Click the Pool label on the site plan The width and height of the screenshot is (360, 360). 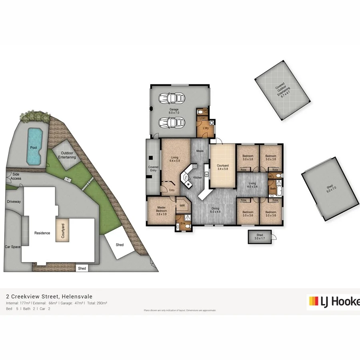pyautogui.click(x=34, y=148)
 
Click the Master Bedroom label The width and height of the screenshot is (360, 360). pyautogui.click(x=161, y=210)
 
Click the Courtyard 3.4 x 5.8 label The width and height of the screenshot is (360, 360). pyautogui.click(x=222, y=167)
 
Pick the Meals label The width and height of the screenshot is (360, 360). pyautogui.click(x=200, y=151)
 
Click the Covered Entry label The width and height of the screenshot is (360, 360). pyautogui.click(x=153, y=169)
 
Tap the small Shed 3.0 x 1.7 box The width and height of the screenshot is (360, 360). pyautogui.click(x=260, y=236)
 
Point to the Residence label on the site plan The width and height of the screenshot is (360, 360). pyautogui.click(x=42, y=233)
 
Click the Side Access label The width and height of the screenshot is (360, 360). pyautogui.click(x=16, y=176)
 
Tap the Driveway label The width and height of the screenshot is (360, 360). pyautogui.click(x=14, y=202)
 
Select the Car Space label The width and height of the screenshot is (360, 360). pyautogui.click(x=12, y=247)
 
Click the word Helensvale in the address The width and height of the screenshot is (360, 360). pyautogui.click(x=77, y=296)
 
